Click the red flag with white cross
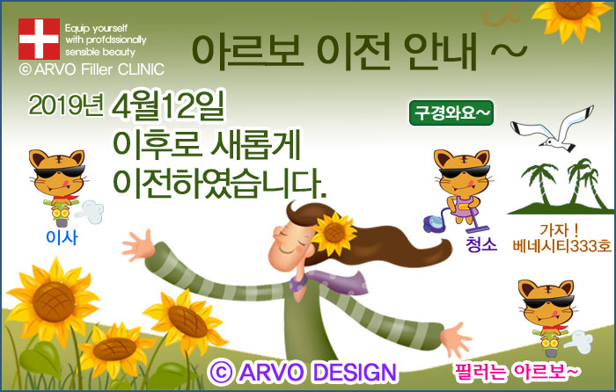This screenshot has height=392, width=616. [39, 39]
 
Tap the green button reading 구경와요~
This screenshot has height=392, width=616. [451, 113]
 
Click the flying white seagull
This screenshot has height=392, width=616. [552, 129]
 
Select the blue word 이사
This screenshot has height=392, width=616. [62, 237]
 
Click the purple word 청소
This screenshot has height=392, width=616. [481, 243]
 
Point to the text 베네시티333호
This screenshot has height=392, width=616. [561, 246]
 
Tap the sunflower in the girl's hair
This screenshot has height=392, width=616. [334, 232]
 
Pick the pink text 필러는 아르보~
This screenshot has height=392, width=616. [517, 371]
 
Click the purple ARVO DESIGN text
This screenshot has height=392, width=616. [303, 372]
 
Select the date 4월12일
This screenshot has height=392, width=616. [169, 106]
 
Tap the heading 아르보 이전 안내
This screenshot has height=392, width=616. [334, 52]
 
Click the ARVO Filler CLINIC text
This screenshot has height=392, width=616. [92, 69]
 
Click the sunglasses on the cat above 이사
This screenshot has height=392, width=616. [59, 172]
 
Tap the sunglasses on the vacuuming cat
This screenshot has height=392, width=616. [465, 172]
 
